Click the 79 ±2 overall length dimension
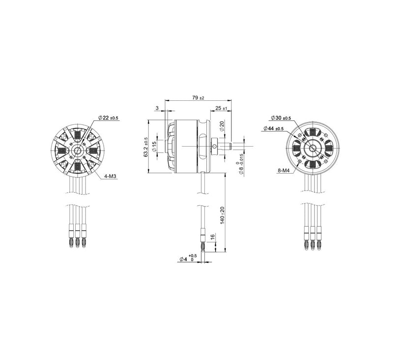pyautogui.click(x=198, y=98)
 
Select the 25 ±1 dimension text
pyautogui.click(x=221, y=108)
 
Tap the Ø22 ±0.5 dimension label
pyautogui.click(x=108, y=118)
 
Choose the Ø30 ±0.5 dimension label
pyautogui.click(x=281, y=118)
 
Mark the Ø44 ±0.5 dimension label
pyautogui.click(x=274, y=128)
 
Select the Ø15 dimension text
pyautogui.click(x=154, y=146)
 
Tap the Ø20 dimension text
pyautogui.click(x=222, y=126)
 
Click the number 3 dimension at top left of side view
pyautogui.click(x=157, y=108)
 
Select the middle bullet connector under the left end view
pyautogui.click(x=77, y=236)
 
